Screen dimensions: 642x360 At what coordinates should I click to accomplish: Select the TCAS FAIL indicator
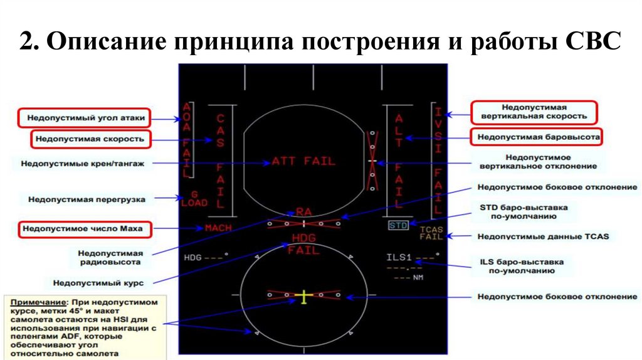pyautogui.click(x=431, y=233)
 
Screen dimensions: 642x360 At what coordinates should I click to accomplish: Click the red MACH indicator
pyautogui.click(x=218, y=228)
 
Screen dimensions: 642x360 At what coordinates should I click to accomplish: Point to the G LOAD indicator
pyautogui.click(x=194, y=199)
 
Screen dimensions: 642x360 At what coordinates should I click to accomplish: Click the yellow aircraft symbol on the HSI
pyautogui.click(x=304, y=297)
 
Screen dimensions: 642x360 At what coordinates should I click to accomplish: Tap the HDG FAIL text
pyautogui.click(x=304, y=244)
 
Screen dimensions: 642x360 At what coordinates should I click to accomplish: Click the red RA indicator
pyautogui.click(x=304, y=212)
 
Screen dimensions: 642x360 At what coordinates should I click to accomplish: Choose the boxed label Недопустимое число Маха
pyautogui.click(x=83, y=229)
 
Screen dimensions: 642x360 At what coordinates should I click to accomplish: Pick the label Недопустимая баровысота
pyautogui.click(x=535, y=136)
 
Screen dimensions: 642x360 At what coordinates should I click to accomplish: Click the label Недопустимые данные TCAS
pyautogui.click(x=535, y=236)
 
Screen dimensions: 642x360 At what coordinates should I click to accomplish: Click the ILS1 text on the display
pyautogui.click(x=398, y=257)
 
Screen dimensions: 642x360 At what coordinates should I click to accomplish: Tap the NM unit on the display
pyautogui.click(x=418, y=277)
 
